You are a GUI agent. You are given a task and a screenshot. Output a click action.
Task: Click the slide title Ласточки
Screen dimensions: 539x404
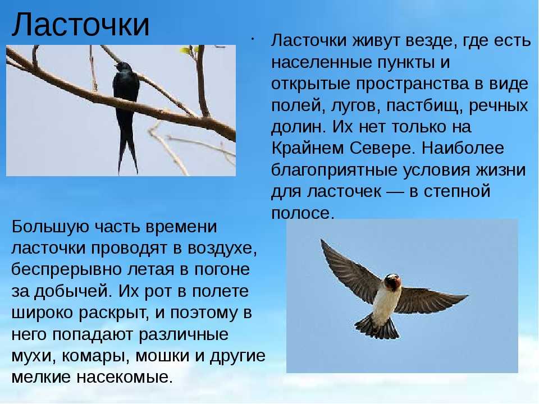coord(81,24)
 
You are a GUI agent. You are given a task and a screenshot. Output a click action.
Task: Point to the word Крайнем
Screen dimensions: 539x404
coord(308,148)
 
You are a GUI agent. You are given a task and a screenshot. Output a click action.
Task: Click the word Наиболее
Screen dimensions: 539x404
coord(463,148)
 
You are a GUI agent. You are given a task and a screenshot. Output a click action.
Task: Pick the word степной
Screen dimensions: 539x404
coord(457,191)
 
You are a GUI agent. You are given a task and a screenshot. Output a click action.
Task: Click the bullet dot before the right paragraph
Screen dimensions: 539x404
coord(252,39)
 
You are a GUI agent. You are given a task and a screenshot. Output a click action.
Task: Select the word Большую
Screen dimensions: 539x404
coord(50,227)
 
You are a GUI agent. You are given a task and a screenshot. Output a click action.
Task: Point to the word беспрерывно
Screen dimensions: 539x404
coord(66,270)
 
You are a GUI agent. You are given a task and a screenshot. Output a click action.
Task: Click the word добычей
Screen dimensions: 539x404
coord(73,292)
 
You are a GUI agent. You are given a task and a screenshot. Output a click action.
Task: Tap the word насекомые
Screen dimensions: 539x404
coord(125,377)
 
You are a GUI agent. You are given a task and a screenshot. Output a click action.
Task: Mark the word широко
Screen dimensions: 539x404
coord(43,313)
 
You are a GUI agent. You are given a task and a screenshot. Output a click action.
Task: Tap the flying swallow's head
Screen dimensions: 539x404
coord(393,281)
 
